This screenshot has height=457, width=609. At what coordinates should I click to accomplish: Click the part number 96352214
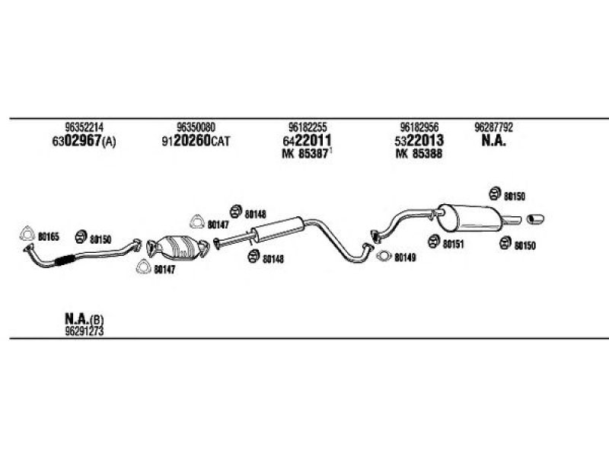(84, 127)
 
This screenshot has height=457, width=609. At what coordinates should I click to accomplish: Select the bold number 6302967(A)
(84, 141)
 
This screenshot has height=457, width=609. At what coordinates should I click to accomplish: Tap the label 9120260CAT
(196, 141)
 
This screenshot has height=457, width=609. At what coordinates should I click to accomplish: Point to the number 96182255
(308, 127)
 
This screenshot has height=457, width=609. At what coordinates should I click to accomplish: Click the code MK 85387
(305, 154)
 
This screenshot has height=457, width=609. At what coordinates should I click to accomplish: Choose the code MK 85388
(419, 154)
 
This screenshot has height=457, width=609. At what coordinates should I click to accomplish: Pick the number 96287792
(493, 127)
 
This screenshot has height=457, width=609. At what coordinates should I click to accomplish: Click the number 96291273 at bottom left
(84, 331)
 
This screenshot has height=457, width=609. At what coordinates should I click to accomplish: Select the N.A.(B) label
(84, 319)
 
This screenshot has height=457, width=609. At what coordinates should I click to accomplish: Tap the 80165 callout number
(49, 236)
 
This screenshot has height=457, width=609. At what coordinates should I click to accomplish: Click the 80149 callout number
(405, 257)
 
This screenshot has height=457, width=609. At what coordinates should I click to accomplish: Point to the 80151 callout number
(453, 244)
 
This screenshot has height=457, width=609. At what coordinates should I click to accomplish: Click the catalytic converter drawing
(178, 248)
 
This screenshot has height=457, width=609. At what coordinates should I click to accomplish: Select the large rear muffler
(469, 217)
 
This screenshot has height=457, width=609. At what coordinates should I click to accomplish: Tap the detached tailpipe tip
(535, 219)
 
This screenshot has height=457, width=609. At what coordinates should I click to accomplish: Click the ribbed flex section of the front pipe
(65, 260)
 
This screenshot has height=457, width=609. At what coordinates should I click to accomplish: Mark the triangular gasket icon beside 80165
(27, 233)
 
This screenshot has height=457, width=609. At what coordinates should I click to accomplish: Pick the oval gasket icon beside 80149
(384, 256)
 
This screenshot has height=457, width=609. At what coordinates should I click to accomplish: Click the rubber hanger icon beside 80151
(434, 241)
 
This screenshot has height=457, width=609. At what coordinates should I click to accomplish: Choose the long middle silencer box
(278, 230)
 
